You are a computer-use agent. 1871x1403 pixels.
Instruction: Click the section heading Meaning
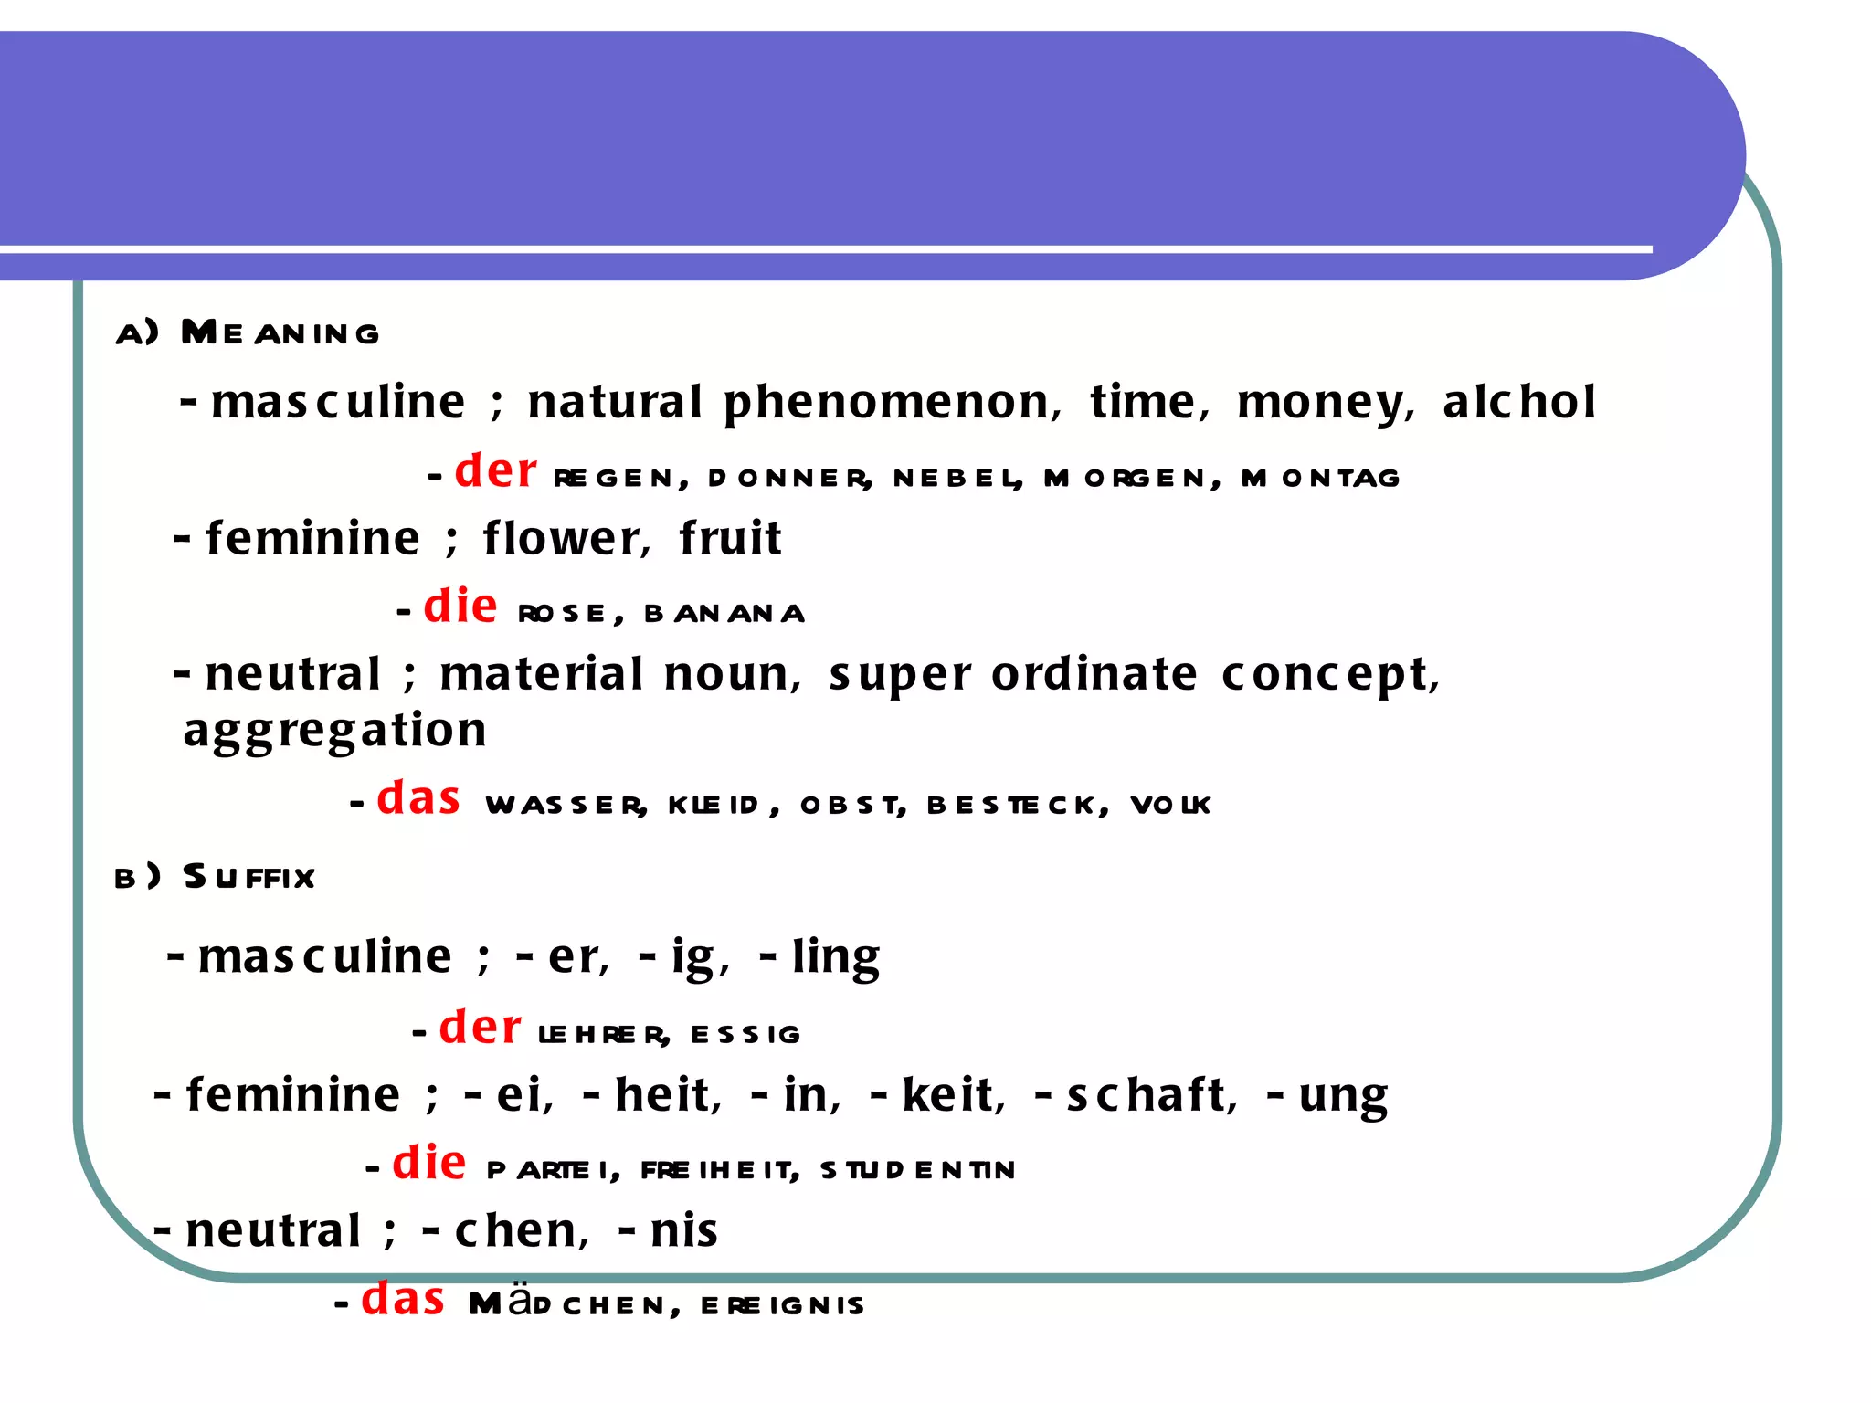[280, 332]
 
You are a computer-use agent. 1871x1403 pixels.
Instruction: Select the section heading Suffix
[248, 877]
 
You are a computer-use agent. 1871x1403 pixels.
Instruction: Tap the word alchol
[1519, 401]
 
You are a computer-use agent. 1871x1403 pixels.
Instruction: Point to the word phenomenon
[892, 403]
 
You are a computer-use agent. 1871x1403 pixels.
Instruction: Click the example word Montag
[1320, 478]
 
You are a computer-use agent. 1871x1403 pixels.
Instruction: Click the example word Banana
[724, 613]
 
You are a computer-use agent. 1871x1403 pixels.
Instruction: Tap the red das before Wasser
[418, 797]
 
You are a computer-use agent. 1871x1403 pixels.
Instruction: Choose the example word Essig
[745, 1034]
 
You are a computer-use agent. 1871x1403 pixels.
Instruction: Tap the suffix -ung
[1328, 1095]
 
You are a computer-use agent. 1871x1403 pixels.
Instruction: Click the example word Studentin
[917, 1170]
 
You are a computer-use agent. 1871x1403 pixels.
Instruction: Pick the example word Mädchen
[574, 1303]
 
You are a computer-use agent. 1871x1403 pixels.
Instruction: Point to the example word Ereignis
[782, 1305]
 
